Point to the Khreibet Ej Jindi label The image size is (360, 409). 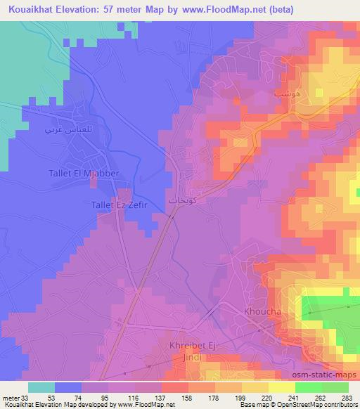[186, 351]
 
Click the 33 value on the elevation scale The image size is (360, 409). [27, 396]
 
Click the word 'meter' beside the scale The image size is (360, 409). [10, 396]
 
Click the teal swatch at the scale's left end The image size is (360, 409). [41, 387]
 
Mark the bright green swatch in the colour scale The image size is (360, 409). [308, 387]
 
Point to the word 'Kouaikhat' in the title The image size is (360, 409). [31, 10]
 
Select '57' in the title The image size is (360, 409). [115, 10]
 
